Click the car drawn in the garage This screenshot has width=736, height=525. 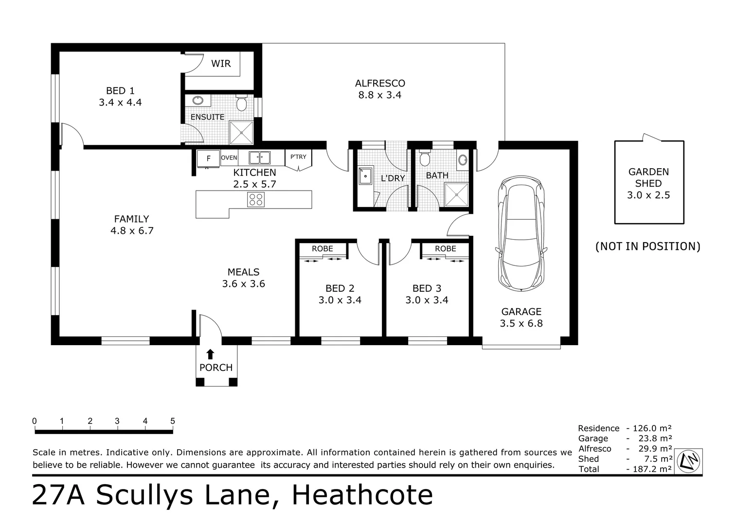tap(521, 233)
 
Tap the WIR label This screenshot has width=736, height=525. tap(221, 63)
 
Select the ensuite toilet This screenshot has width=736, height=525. tap(241, 103)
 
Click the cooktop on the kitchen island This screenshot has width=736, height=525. tap(255, 199)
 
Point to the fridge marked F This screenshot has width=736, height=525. tap(208, 158)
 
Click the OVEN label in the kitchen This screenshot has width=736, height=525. tap(229, 157)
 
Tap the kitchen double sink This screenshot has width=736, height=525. tap(260, 157)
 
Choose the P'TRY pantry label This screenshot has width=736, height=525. tap(298, 157)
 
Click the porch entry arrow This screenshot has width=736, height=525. tap(210, 354)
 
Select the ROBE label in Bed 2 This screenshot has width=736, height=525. tap(323, 248)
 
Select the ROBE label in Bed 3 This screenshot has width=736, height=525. tap(446, 248)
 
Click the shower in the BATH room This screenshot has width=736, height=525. tap(456, 195)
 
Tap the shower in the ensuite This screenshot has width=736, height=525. tap(241, 133)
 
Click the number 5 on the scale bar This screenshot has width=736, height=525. tap(173, 421)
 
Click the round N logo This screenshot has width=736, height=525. tap(688, 461)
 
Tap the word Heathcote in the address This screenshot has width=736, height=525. tap(362, 495)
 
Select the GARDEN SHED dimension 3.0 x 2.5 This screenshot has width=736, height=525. tap(648, 195)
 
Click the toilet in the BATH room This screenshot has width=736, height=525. tap(425, 158)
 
